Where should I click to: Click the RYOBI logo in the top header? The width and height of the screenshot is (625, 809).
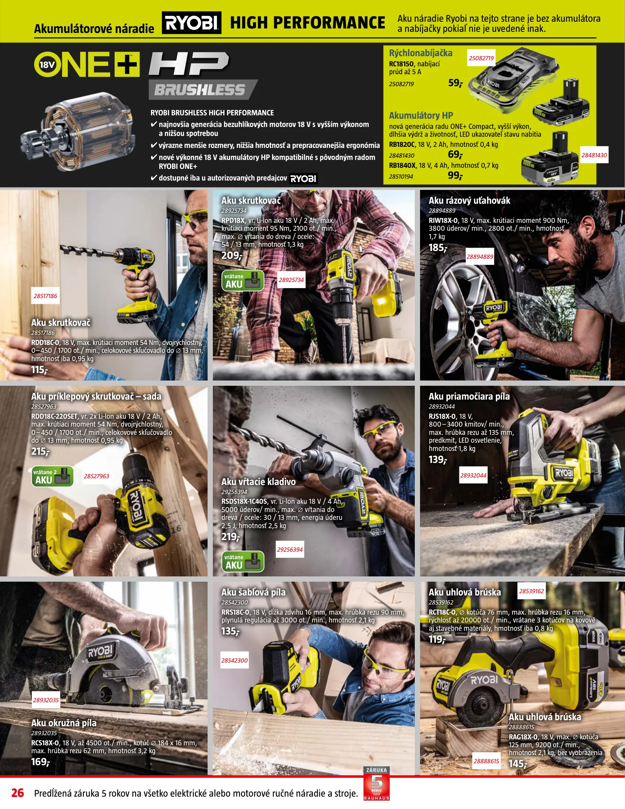191,23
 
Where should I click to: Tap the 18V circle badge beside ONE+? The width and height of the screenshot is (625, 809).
47,65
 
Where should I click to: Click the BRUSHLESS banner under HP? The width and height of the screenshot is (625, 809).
202,90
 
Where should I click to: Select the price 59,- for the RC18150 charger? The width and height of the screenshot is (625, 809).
456,83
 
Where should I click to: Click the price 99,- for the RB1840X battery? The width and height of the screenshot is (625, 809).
456,175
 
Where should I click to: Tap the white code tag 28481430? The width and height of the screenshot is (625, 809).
594,155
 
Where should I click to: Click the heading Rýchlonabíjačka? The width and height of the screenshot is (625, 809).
420,53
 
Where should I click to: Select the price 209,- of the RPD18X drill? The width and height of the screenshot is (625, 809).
232,256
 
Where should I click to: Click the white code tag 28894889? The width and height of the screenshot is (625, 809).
480,257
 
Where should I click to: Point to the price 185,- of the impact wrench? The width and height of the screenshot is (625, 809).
438,248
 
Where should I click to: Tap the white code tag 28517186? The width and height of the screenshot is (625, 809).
45,296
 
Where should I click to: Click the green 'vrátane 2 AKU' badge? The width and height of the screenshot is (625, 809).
52,476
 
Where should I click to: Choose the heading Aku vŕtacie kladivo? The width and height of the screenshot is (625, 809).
258,482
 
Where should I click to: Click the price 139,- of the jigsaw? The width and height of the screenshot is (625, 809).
438,460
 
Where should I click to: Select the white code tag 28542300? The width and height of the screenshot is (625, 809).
235,660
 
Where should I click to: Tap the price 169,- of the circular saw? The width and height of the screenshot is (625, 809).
40,762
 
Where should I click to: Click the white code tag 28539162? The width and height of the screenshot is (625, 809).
531,591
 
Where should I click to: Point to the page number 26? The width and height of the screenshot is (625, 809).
18,793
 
